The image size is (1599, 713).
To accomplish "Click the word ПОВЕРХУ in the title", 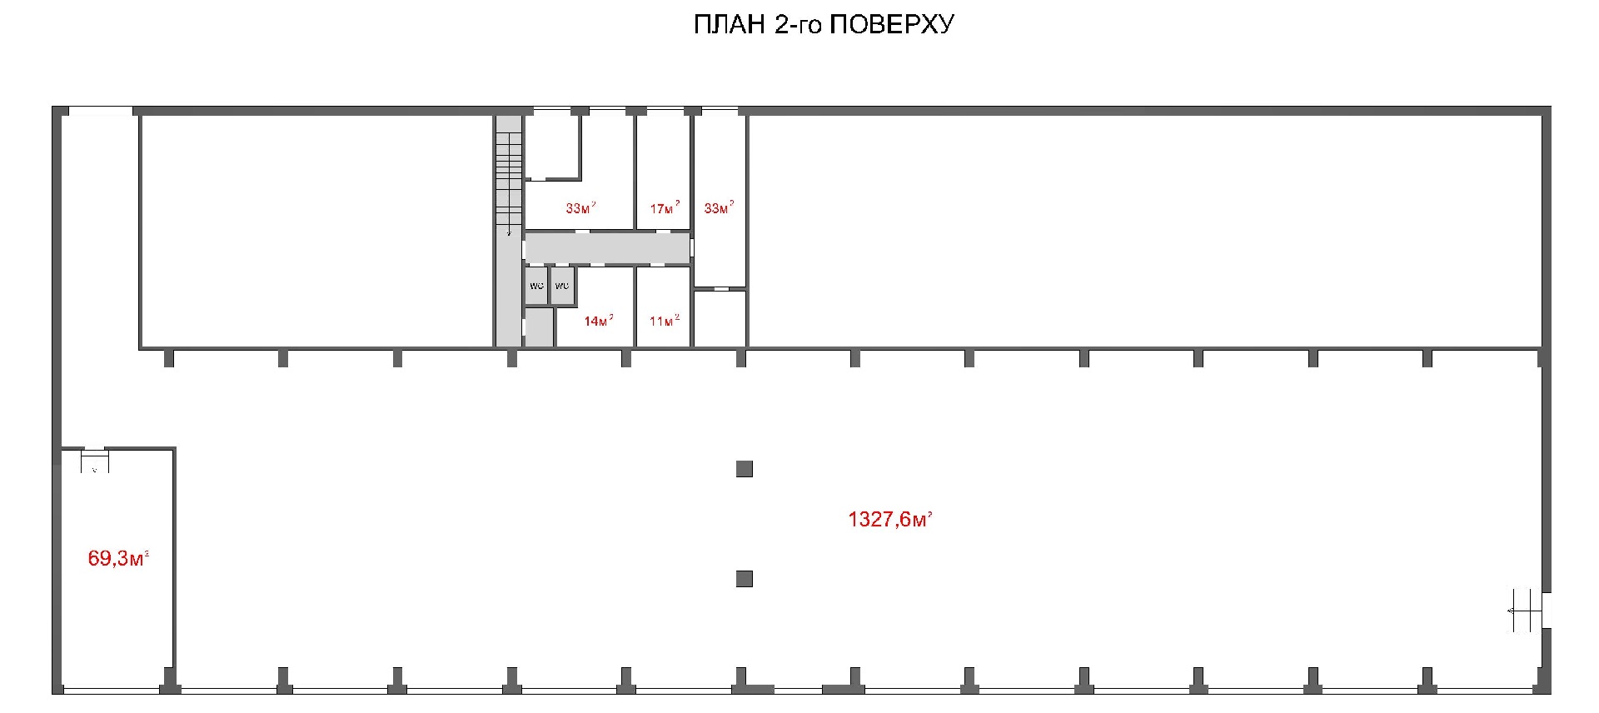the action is (x=892, y=25).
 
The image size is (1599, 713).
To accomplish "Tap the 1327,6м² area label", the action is (x=889, y=520).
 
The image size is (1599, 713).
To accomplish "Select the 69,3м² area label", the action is (x=118, y=558).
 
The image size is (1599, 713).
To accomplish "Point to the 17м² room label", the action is (x=665, y=208).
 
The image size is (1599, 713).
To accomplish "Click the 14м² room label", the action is (x=598, y=321).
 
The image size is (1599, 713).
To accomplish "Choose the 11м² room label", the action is (x=664, y=321).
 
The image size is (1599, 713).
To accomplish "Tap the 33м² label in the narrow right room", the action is (x=719, y=207).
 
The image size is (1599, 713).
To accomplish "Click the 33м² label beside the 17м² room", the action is (x=580, y=207).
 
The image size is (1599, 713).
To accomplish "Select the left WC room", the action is (x=536, y=286).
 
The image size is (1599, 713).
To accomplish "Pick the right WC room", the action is (x=562, y=286).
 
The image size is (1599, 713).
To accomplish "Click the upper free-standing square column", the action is (x=745, y=469).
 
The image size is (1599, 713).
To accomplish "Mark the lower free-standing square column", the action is (x=745, y=578).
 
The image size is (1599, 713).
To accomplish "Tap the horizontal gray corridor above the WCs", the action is (x=608, y=248).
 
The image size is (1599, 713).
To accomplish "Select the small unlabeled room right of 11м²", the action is (x=720, y=318).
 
